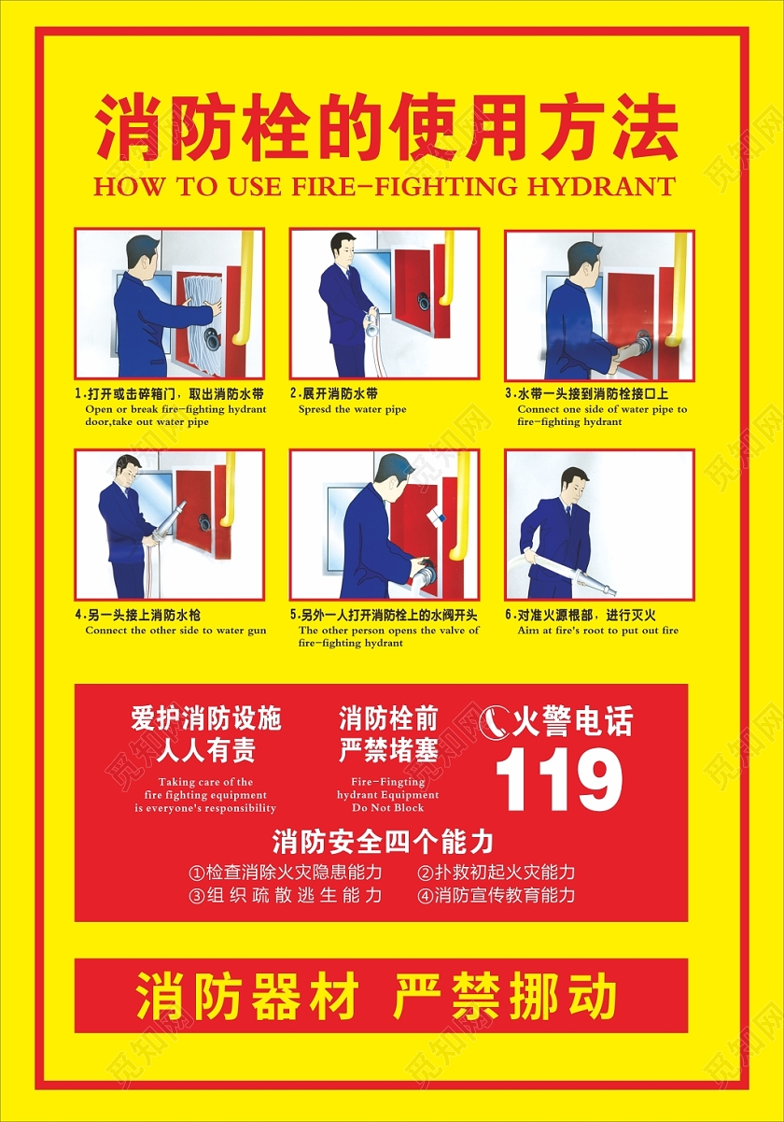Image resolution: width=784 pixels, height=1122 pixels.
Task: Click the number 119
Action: [558, 780]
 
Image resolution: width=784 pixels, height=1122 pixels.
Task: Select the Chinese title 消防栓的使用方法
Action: [385, 129]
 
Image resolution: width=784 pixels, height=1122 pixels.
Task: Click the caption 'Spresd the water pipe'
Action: [352, 409]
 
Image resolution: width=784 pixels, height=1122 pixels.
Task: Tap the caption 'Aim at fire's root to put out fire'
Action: [598, 631]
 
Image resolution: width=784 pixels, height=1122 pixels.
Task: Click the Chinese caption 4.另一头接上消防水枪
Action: [137, 615]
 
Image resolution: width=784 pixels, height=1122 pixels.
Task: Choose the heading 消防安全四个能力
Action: [382, 842]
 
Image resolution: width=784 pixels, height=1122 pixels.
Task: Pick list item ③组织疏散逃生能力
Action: [285, 895]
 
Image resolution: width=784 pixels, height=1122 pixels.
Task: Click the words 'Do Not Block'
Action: [388, 807]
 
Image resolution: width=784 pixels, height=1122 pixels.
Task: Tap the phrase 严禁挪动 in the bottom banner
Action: [505, 997]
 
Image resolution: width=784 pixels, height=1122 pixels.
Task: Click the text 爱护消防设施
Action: [205, 719]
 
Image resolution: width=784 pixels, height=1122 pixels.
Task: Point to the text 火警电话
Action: [572, 722]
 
